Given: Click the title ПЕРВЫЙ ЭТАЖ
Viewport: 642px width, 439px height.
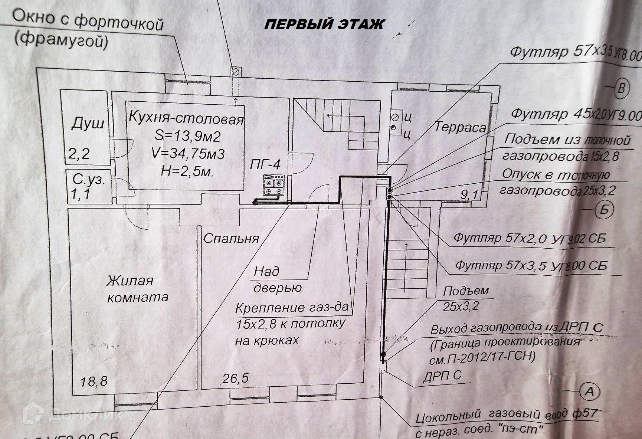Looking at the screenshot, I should point(324,24).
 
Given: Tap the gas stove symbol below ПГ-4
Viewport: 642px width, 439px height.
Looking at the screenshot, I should point(274,185).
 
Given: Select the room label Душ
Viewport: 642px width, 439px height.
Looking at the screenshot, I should point(88,123).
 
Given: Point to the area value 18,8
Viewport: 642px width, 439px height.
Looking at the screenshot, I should point(94,381).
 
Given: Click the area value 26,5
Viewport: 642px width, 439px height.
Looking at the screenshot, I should point(235,379).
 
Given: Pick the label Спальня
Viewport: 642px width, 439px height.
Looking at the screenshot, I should point(231,238).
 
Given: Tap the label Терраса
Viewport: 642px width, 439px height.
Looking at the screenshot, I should point(460,127).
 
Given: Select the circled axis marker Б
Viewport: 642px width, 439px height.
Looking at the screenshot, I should point(605,210).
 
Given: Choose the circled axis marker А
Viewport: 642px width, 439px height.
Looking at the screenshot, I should point(589,392).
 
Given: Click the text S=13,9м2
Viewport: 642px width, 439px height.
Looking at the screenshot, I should point(187,136).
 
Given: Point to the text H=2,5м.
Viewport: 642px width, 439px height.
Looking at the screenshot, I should point(187,171).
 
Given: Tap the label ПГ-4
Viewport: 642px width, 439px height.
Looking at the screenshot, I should point(265,164).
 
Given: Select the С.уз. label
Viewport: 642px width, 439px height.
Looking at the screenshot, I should point(89,179).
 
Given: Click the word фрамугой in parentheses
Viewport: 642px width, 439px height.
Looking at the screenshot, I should point(61,40).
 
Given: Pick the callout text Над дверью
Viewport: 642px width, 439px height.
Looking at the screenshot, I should point(277,279).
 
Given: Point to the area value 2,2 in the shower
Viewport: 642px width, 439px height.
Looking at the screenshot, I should point(79,153).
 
